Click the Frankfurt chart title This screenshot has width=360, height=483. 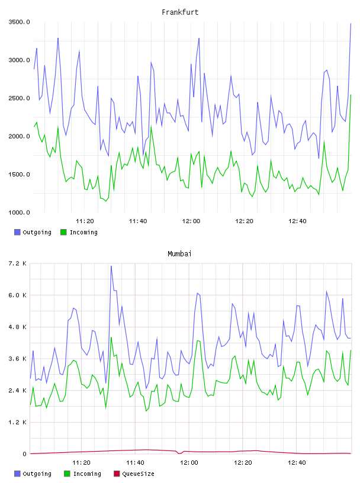[x=180, y=12]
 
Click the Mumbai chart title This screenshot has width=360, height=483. [x=179, y=254]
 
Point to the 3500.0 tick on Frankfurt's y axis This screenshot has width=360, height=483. [x=19, y=22]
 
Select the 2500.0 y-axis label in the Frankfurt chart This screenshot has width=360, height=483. [x=19, y=98]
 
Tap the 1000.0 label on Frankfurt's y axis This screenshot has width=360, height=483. [x=19, y=212]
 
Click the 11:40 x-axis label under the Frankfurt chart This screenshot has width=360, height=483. [x=138, y=221]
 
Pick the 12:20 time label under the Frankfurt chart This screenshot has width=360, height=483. [x=244, y=221]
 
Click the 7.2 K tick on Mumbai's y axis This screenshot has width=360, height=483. [x=18, y=263]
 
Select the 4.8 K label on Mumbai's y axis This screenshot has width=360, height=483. [x=18, y=327]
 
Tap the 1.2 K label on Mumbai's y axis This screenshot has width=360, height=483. [x=18, y=422]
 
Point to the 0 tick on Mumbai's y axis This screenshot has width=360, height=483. [x=25, y=454]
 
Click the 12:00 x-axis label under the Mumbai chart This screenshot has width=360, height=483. [x=189, y=463]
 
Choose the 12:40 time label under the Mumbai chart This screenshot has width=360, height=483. [x=297, y=463]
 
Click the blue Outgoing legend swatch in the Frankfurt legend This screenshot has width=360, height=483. [x=17, y=232]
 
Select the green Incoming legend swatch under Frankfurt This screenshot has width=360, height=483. [x=63, y=232]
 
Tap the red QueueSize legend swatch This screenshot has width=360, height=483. [x=117, y=474]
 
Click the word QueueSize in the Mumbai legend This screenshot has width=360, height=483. [x=138, y=474]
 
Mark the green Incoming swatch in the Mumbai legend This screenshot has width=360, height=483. [x=67, y=474]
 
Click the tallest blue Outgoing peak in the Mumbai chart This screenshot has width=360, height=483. [x=111, y=266]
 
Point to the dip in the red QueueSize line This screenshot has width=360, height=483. [x=179, y=453]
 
